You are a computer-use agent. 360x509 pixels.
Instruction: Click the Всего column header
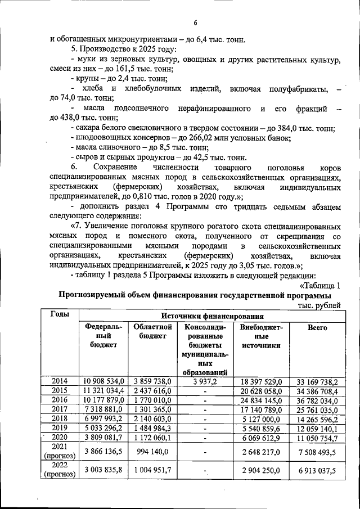(x=317, y=327)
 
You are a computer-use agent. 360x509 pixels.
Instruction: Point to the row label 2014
(x=59, y=381)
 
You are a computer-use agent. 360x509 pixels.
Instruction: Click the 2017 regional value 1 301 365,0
(x=152, y=410)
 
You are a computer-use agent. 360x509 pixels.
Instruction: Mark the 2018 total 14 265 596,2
(x=314, y=419)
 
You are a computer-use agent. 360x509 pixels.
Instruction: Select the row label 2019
(x=59, y=429)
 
